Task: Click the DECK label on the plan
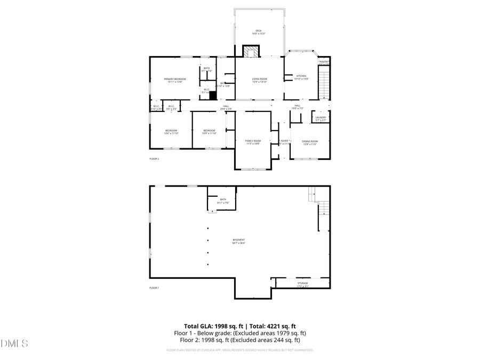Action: tap(259, 31)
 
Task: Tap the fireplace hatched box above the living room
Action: tap(251, 51)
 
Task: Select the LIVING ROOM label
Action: tap(259, 79)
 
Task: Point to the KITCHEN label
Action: tap(302, 76)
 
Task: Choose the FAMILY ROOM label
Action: tap(253, 140)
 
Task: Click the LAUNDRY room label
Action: tap(321, 117)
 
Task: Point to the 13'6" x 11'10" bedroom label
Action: tap(171, 131)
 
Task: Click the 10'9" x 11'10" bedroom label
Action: tap(209, 131)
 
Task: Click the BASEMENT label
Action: tap(238, 239)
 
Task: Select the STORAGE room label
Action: tap(303, 283)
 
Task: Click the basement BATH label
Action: tap(223, 199)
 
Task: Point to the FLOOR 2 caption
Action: tap(154, 158)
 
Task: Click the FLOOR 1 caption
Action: tap(154, 287)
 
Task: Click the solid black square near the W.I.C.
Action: tap(213, 96)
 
